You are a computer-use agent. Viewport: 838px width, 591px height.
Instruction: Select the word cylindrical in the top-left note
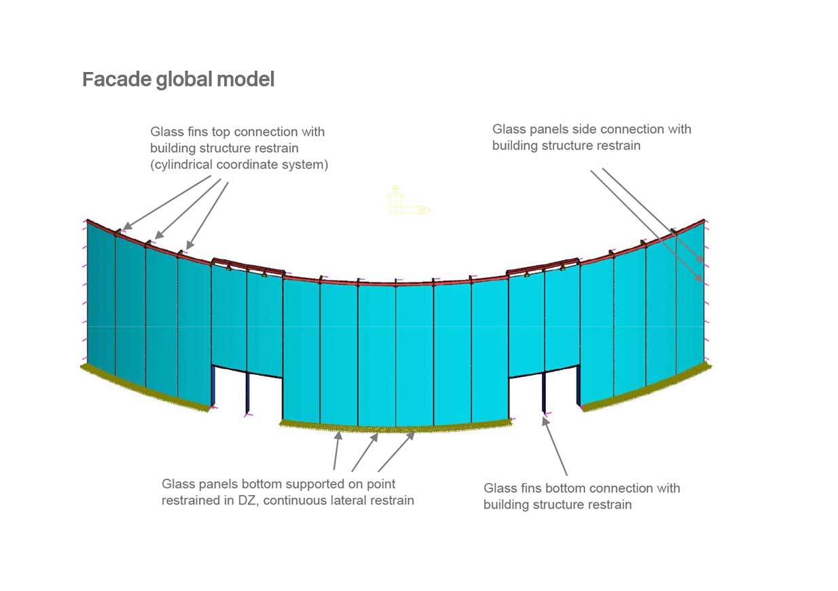tap(183, 164)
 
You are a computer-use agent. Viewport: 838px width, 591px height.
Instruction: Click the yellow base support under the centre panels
tap(396, 428)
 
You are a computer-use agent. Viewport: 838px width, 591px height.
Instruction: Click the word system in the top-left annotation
tap(306, 164)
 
